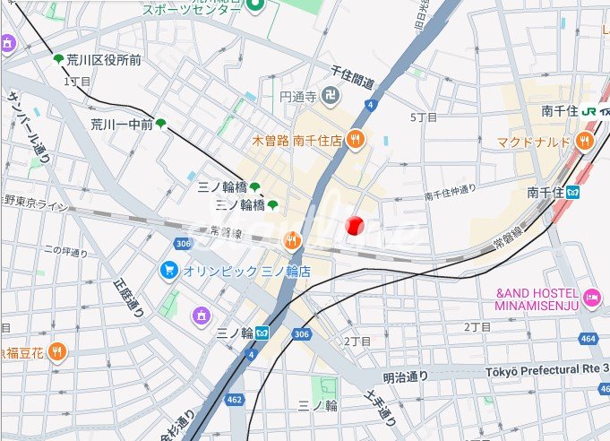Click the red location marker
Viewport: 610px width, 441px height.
click(355, 225)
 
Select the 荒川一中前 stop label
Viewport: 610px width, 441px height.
click(121, 124)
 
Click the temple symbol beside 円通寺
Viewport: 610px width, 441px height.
click(331, 96)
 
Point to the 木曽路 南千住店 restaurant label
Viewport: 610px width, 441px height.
click(297, 140)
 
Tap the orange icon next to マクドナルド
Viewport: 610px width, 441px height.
click(585, 141)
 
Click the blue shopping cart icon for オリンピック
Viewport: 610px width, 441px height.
click(168, 270)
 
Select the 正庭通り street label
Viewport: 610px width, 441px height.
click(127, 297)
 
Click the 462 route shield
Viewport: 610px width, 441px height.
click(235, 399)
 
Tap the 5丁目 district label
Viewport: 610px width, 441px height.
click(423, 117)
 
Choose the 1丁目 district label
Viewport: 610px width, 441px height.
click(77, 81)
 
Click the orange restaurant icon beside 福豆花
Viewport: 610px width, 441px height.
click(57, 351)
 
